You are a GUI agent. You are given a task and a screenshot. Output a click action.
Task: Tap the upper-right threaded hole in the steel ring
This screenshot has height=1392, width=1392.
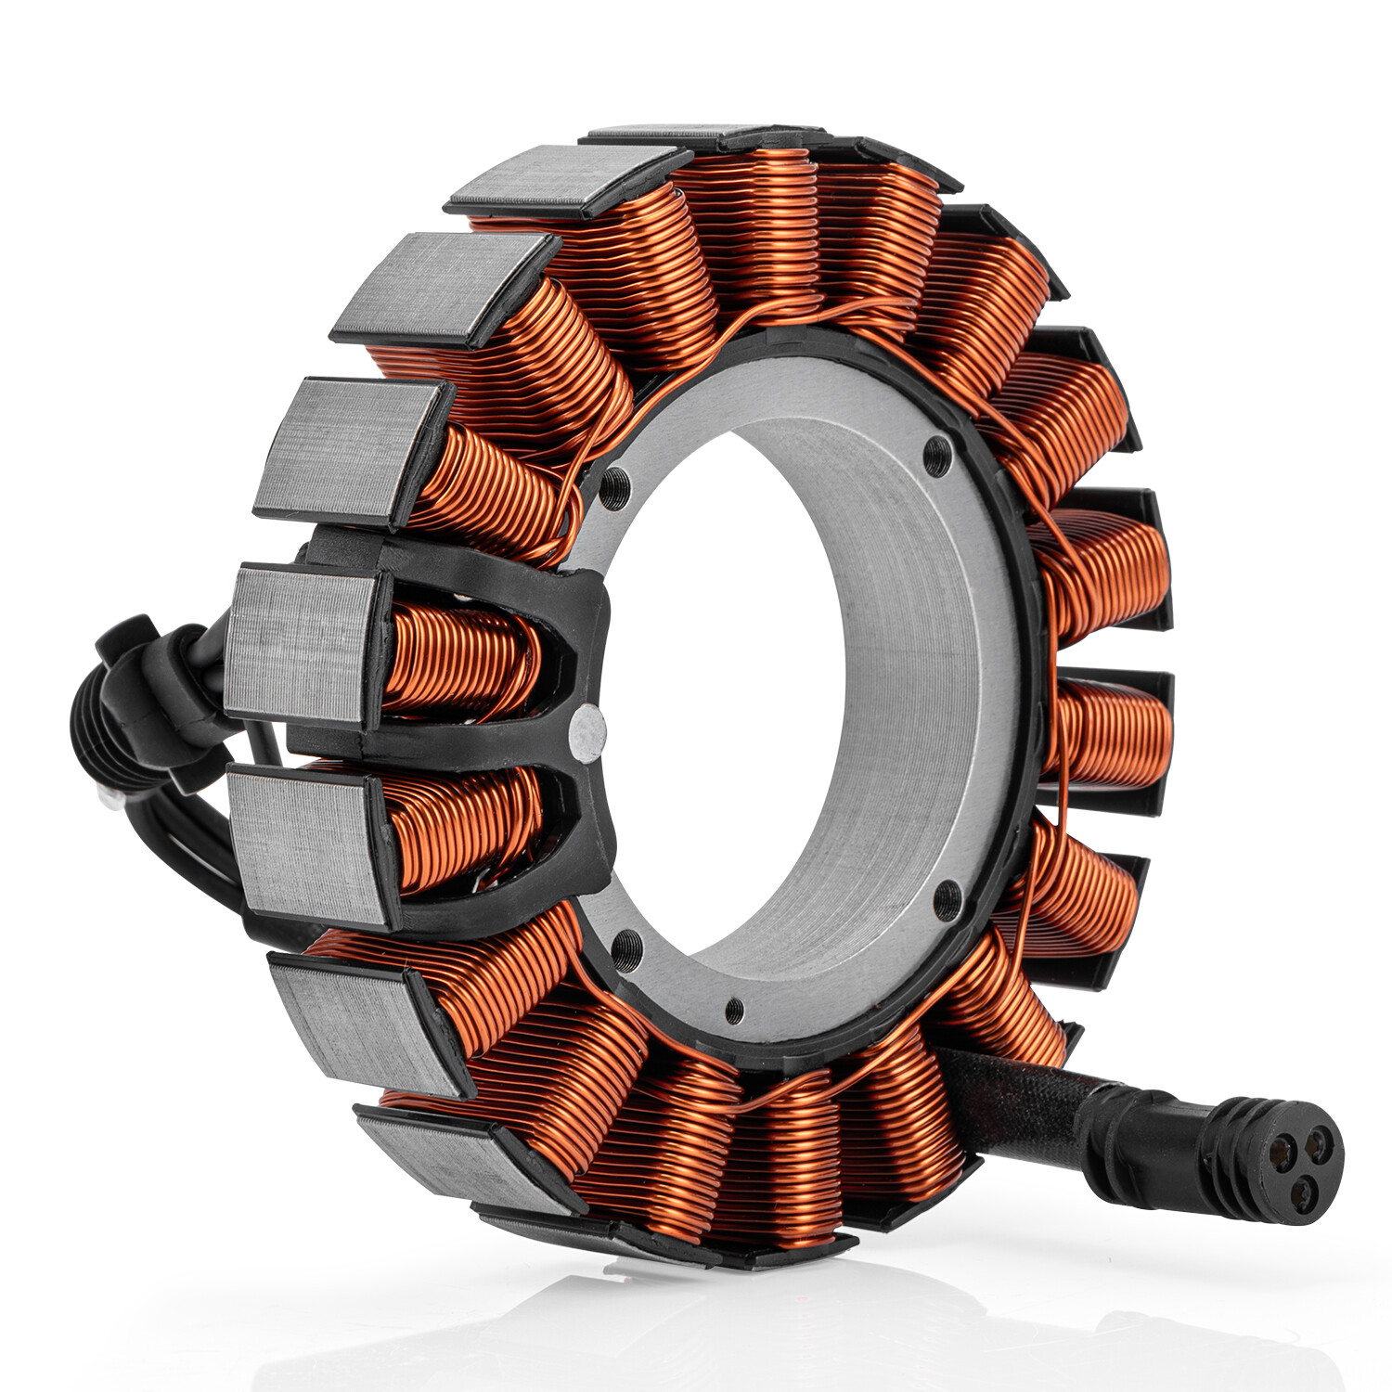[939, 453]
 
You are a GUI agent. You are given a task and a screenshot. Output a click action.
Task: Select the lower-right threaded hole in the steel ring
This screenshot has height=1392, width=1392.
[947, 899]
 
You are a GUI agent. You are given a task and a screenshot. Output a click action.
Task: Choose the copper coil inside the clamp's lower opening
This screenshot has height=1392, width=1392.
[464, 826]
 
